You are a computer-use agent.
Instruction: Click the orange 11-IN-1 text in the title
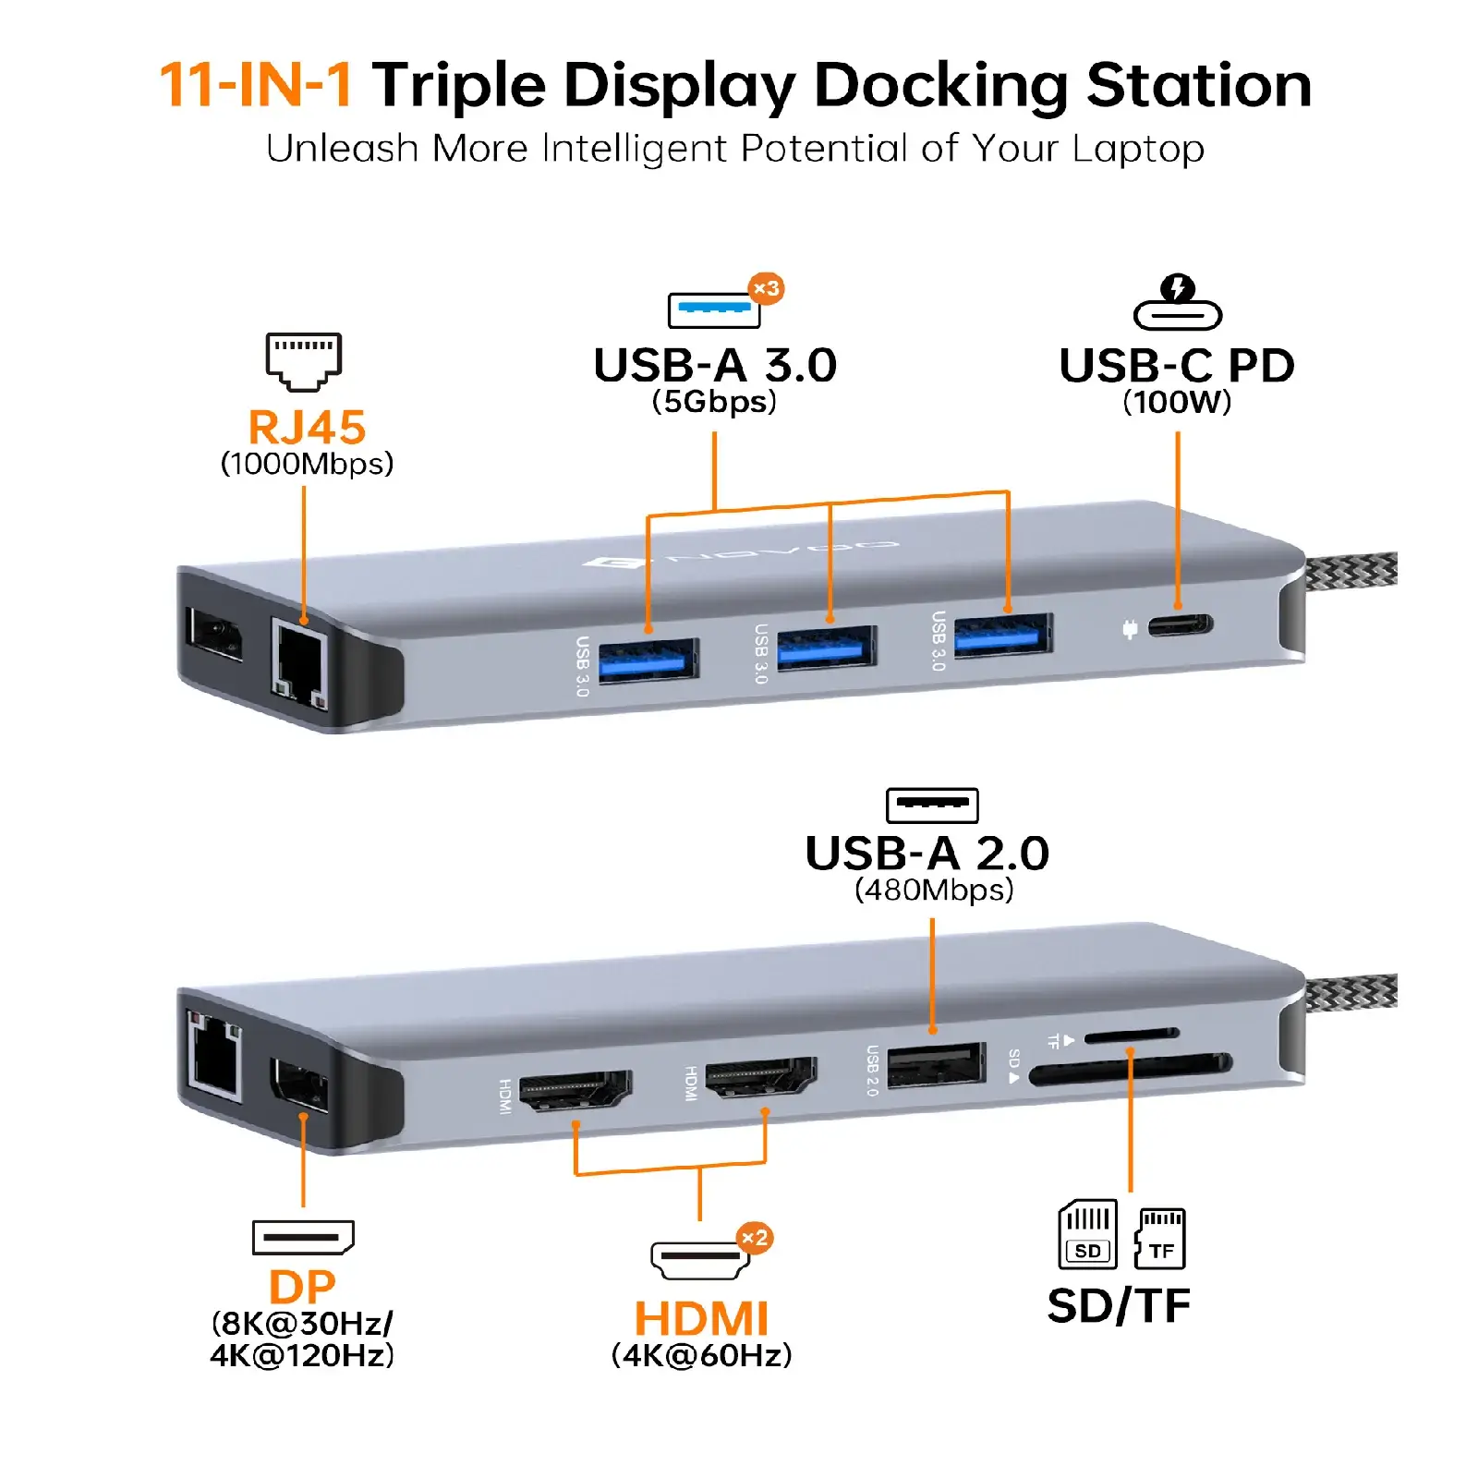coord(256,85)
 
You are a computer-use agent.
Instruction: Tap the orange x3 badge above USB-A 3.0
coord(766,289)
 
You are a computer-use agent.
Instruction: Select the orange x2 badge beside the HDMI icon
coord(755,1238)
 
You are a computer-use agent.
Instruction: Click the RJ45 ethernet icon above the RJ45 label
coord(304,361)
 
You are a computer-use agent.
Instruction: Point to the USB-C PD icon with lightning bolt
coord(1178,303)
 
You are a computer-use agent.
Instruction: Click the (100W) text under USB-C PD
coord(1177,402)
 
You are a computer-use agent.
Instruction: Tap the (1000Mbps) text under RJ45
coord(307,464)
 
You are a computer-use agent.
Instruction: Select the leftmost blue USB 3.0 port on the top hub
coord(648,660)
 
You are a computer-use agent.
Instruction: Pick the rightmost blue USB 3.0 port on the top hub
coord(1003,636)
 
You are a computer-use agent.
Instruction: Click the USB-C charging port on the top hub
coord(1181,625)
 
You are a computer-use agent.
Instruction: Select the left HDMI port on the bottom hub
coord(575,1091)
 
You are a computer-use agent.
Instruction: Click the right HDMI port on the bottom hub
coord(761,1078)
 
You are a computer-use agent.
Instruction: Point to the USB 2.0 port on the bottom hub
coord(935,1065)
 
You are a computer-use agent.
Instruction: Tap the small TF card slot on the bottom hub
coord(1132,1036)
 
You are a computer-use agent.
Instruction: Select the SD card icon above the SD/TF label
coord(1087,1234)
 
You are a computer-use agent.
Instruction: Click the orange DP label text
coord(302,1287)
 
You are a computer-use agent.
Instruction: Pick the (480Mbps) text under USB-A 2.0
coord(934,890)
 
